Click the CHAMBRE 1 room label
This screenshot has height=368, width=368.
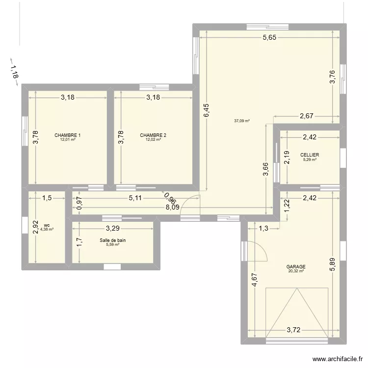(68, 135)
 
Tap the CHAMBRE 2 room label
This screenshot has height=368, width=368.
(153, 135)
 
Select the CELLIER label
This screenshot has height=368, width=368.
(310, 155)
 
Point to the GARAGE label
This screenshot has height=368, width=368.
(296, 267)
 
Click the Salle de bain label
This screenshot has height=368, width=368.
(113, 240)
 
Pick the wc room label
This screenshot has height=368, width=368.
(46, 225)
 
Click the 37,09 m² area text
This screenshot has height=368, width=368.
(242, 121)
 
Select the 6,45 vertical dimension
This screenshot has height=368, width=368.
(207, 110)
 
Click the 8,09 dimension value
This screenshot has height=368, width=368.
(172, 208)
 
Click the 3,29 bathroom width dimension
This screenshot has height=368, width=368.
(112, 228)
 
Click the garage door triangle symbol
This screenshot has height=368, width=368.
(296, 314)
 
